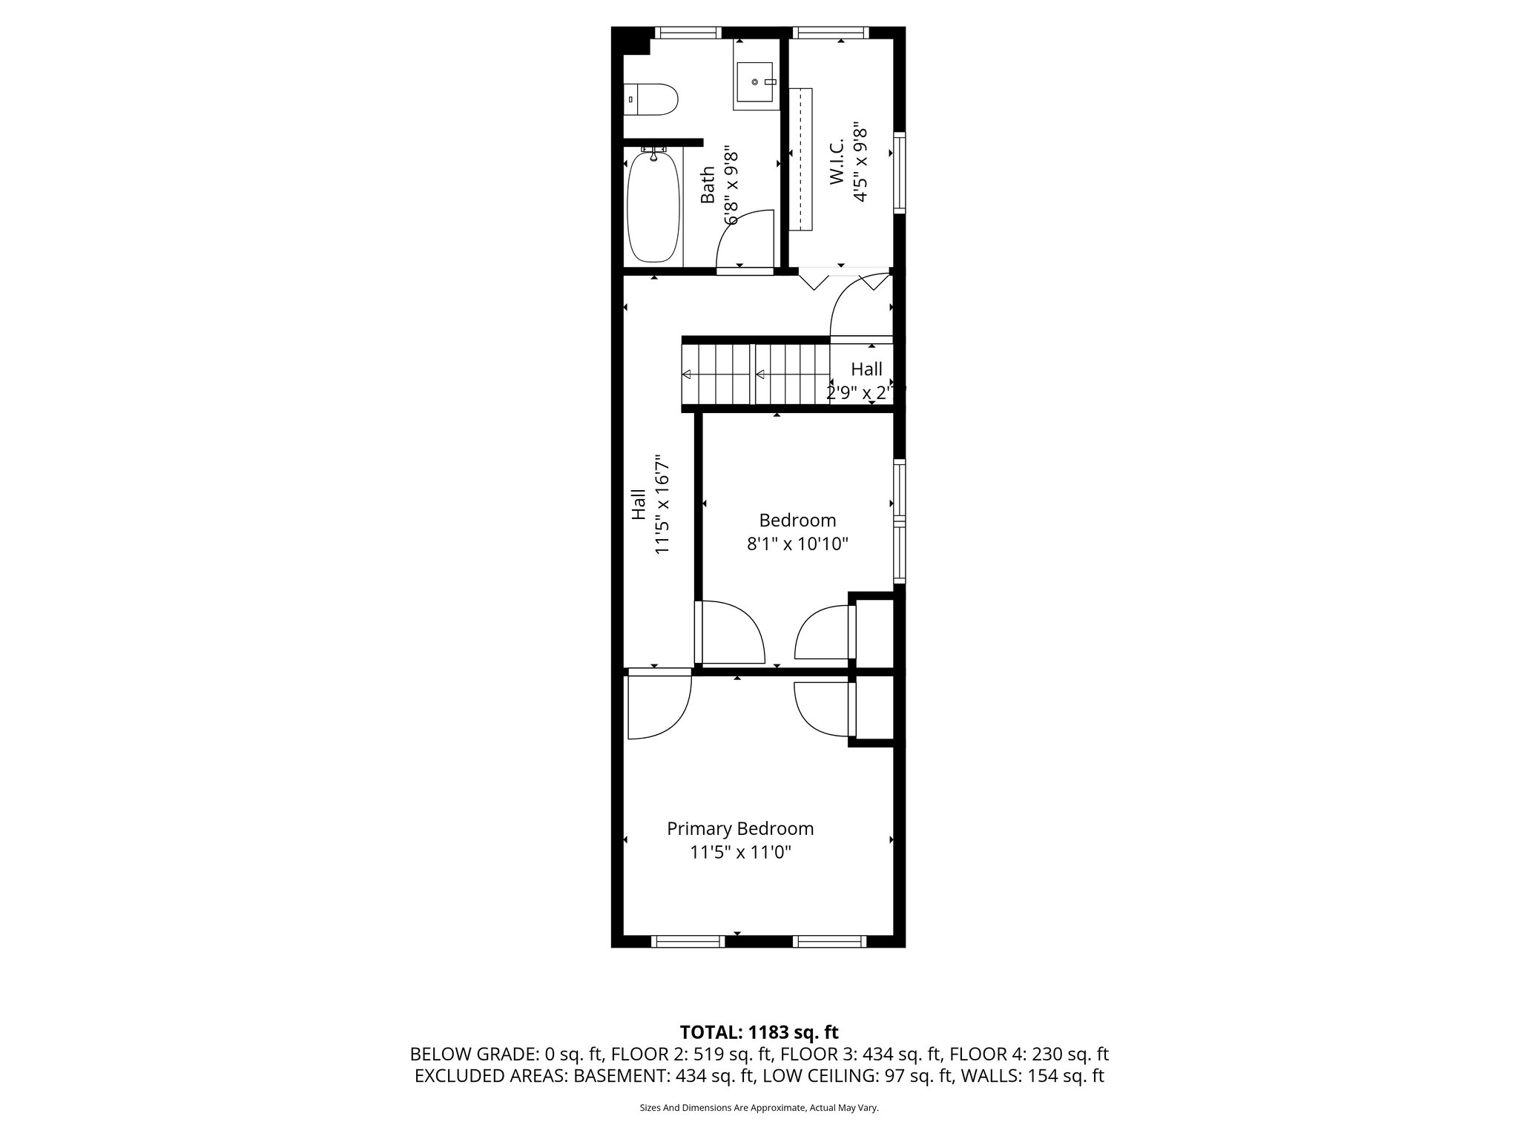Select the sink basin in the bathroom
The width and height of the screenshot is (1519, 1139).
click(755, 82)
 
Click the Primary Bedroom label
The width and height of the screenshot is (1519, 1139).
click(739, 828)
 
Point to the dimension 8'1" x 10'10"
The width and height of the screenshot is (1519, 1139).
click(797, 544)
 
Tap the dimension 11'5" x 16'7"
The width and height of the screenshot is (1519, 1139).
click(662, 504)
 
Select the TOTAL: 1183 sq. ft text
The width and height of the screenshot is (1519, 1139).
click(759, 1031)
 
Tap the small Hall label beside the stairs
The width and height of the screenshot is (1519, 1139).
click(866, 369)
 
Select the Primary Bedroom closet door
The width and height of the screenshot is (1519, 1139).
click(823, 708)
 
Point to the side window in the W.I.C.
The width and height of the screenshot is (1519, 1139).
click(900, 172)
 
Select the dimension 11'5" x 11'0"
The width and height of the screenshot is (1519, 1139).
click(740, 853)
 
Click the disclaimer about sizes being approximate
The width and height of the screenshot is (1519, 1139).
click(759, 1108)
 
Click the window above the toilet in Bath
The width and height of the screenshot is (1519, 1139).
click(688, 33)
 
